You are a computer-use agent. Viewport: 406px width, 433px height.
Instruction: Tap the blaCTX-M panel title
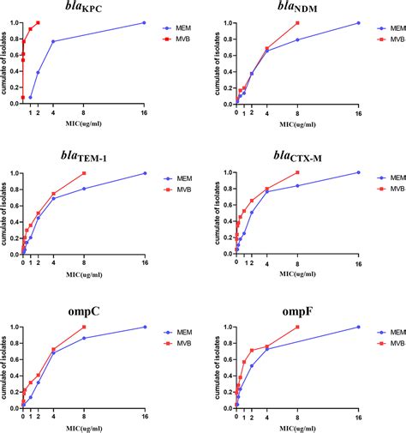(x=296, y=157)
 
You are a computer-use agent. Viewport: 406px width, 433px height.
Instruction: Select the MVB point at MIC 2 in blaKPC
(x=38, y=23)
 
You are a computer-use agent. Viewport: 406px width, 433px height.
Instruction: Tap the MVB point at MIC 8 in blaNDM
(x=297, y=23)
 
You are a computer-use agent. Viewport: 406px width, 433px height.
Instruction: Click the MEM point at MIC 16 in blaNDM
(x=358, y=23)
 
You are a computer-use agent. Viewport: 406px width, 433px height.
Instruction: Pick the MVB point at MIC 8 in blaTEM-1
(x=84, y=173)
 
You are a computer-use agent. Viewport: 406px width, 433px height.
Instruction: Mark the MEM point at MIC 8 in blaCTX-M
(x=297, y=186)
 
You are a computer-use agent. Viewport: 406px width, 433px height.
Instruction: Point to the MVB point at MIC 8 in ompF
(x=297, y=327)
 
